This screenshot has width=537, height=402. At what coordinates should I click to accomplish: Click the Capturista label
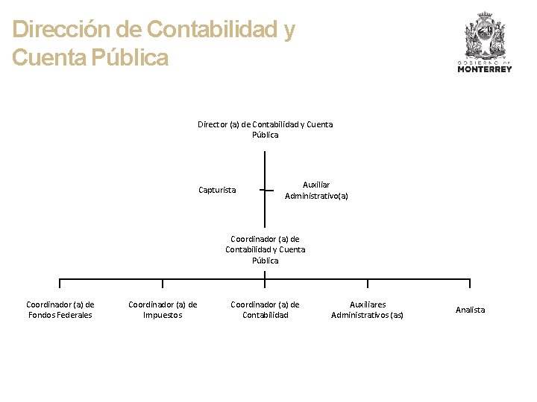point(217,190)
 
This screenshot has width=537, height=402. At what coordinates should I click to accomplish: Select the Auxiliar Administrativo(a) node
point(316,190)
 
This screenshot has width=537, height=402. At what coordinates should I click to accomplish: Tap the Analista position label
point(470,310)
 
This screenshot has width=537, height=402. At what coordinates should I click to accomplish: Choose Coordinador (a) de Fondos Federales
point(60,310)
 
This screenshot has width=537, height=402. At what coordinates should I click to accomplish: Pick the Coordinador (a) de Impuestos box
point(163,310)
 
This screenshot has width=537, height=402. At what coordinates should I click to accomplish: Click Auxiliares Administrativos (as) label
point(368,310)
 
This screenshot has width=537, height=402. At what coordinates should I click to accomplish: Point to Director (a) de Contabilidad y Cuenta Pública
point(265,130)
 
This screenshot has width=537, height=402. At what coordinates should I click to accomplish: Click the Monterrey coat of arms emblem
point(484,36)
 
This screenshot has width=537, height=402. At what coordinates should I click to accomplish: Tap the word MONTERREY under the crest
point(484,69)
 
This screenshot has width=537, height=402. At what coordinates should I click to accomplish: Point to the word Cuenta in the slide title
point(48,57)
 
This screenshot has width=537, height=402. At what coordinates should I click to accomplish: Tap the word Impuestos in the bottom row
point(163,315)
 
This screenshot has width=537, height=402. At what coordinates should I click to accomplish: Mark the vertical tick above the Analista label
point(470,283)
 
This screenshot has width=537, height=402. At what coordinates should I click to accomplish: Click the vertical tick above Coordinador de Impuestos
point(163,283)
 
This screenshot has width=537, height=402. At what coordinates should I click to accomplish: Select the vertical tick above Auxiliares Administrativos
point(368,283)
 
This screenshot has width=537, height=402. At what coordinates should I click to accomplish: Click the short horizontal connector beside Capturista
point(266,190)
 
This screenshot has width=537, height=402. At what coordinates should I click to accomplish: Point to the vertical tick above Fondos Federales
point(60,283)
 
